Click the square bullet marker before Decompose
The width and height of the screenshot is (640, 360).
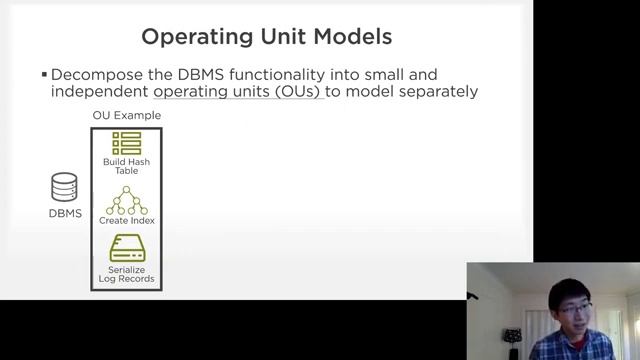[x=44, y=75]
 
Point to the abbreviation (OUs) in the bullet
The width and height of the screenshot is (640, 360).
[x=298, y=92]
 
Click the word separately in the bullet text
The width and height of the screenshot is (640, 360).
[x=437, y=92]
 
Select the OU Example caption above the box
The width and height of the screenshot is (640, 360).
[x=127, y=116]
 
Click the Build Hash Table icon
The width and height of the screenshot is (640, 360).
[x=127, y=142]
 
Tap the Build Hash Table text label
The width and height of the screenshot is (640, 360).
[x=127, y=166]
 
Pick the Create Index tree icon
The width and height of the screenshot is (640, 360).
[x=127, y=200]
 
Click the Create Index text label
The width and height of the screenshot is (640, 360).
[x=127, y=220]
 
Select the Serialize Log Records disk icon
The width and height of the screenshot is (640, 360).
[x=127, y=248]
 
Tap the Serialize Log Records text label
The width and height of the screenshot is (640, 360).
[x=127, y=273]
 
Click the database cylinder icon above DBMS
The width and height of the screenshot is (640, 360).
[x=65, y=188]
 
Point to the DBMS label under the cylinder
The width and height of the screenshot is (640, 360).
[x=65, y=213]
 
